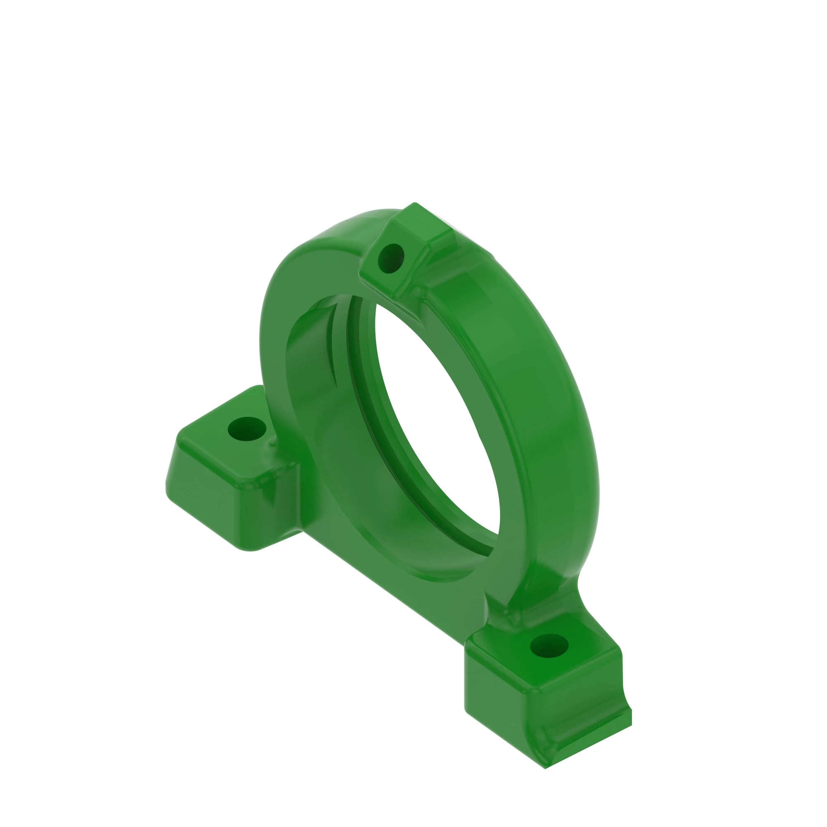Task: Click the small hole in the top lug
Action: [x=390, y=258]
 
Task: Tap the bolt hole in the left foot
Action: [x=247, y=428]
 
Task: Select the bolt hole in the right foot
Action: [x=549, y=645]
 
